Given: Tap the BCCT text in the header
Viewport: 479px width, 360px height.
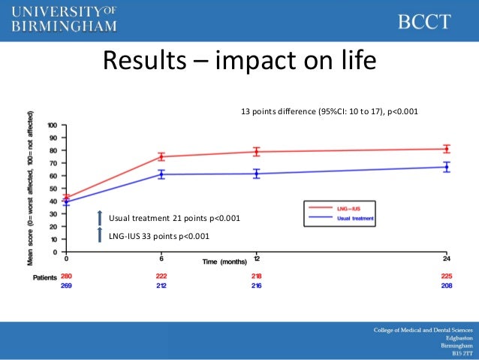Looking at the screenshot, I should point(424,21).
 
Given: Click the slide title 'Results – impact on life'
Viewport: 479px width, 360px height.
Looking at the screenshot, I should point(239,59).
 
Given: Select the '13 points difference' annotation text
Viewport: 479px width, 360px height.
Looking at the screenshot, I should point(329,112).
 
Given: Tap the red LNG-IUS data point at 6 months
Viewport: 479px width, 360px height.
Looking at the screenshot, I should point(161,157).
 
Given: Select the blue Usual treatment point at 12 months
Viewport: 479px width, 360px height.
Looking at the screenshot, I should point(257,174).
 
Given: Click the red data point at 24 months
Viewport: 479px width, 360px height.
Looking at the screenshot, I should point(447,149).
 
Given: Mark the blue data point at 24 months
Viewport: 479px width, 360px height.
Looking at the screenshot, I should point(447,167).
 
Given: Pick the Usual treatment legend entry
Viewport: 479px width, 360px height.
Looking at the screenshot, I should point(342,218).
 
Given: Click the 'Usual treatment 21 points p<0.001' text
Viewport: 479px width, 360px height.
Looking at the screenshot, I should point(174,219).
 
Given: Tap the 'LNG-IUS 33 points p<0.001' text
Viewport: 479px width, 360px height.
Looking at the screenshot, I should point(159,237).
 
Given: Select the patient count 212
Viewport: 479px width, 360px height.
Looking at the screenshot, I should point(161,286).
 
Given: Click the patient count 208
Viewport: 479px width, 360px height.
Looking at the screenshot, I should point(447,286).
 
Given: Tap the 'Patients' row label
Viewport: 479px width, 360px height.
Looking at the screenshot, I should point(44,277).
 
